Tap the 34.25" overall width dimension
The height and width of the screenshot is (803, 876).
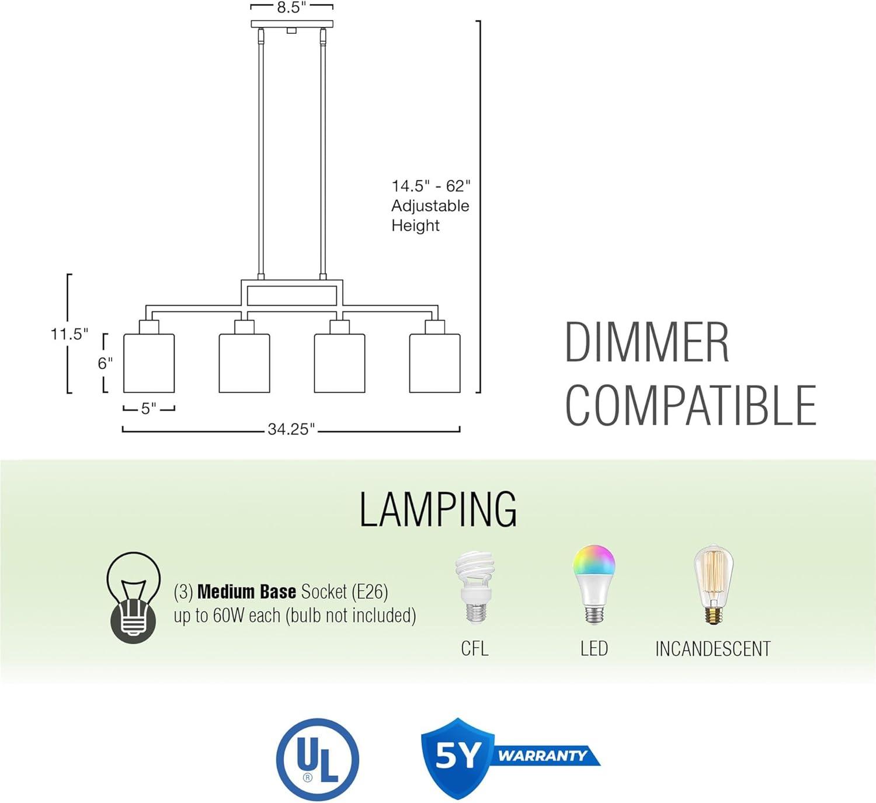pos(291,429)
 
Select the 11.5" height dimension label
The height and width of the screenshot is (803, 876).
pos(69,334)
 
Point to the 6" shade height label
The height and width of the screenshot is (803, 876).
pos(105,363)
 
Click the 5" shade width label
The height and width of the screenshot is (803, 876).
pos(149,409)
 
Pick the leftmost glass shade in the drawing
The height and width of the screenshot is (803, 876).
pos(149,363)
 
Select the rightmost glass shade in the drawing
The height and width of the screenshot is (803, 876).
pos(434,363)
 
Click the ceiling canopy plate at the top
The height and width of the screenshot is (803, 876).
pos(291,24)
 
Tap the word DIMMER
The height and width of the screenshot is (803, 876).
pos(646,343)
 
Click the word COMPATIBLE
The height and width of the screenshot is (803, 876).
pos(690,406)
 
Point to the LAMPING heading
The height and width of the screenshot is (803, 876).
pos(437,510)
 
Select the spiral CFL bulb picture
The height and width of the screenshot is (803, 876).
pos(474,587)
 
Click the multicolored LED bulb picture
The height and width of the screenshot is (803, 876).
pos(594,584)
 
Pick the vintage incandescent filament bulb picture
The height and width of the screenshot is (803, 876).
pos(713,584)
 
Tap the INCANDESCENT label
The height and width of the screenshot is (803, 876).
pos(712,649)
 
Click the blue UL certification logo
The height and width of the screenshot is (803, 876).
pos(317,759)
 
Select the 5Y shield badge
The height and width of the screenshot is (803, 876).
pos(457,757)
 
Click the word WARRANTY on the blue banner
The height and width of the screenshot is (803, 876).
pos(543,756)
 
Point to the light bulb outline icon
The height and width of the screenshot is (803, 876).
pos(133,597)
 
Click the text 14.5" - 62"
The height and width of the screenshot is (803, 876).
pos(430,186)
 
